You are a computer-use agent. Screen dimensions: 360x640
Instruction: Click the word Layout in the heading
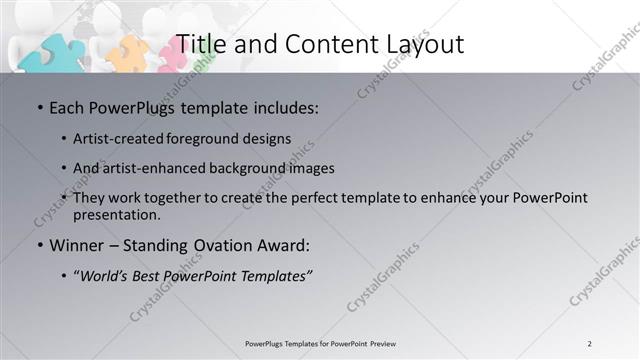(x=421, y=43)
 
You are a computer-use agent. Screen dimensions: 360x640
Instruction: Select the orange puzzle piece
(x=128, y=53)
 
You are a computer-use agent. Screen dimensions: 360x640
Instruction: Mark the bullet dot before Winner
(x=39, y=244)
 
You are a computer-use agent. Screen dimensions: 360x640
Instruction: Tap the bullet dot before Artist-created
(x=65, y=138)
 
